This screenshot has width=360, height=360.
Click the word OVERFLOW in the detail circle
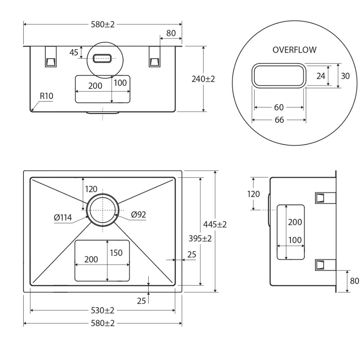click(x=294, y=50)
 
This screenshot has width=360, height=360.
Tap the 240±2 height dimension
click(x=203, y=79)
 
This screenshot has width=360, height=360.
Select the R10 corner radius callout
click(x=46, y=96)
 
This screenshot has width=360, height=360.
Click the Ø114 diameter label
click(x=63, y=217)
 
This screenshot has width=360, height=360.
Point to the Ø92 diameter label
click(x=139, y=215)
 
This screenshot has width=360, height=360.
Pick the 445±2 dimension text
click(x=215, y=224)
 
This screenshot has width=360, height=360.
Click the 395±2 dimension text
click(x=200, y=239)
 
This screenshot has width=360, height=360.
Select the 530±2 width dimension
click(x=103, y=310)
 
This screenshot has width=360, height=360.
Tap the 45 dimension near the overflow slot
click(x=74, y=53)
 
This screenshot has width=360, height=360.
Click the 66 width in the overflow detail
click(x=279, y=120)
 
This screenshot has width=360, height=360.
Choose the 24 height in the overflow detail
click(x=321, y=76)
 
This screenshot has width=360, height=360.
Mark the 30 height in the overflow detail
click(x=345, y=76)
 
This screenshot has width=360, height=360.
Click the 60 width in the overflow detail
click(x=279, y=107)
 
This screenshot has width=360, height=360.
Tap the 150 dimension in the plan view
click(x=116, y=253)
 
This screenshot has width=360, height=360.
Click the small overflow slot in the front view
click(x=102, y=58)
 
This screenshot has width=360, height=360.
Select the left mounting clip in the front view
click(x=51, y=57)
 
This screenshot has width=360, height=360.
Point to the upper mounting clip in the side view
click(x=325, y=198)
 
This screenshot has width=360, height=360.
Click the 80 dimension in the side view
click(x=355, y=281)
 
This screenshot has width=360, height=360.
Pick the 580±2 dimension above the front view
click(x=103, y=24)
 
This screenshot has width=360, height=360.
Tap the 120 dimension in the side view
click(x=253, y=194)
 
